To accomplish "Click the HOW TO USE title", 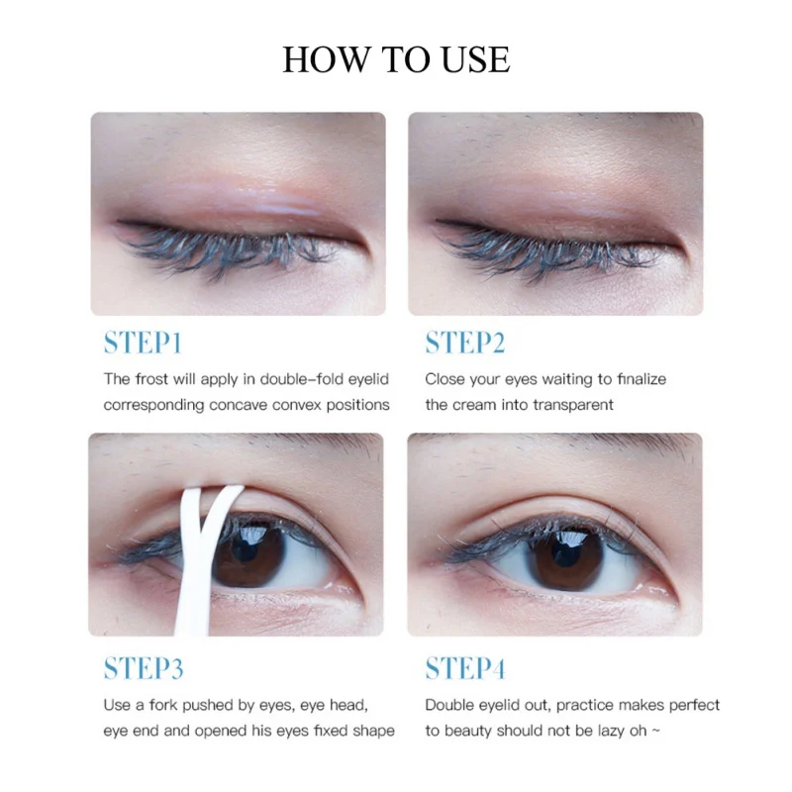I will click(396, 59).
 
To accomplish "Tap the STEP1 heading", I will click(143, 344).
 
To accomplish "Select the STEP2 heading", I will click(465, 344).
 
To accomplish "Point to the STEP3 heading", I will click(144, 668).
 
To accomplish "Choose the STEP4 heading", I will click(465, 668).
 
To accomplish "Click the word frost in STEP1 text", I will click(151, 379).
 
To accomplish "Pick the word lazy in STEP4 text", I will click(620, 731).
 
